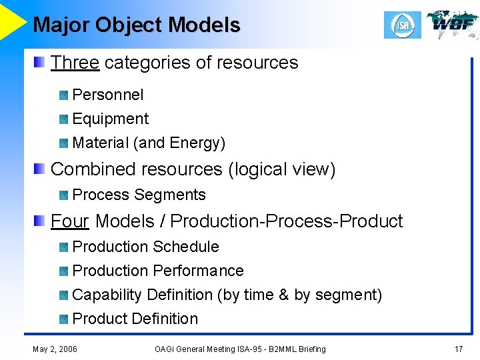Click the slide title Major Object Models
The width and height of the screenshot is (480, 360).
tap(136, 25)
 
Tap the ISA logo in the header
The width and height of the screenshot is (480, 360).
tap(403, 25)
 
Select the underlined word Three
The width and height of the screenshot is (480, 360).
tap(75, 63)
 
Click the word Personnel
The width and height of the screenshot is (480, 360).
tap(107, 95)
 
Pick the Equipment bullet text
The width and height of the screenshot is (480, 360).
tap(110, 119)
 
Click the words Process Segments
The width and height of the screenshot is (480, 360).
tap(139, 195)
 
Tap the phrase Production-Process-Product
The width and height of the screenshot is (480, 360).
tap(287, 221)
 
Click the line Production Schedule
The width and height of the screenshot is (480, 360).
tap(145, 247)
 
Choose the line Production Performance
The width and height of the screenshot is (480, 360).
tap(158, 271)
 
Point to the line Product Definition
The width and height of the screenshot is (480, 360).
tap(135, 319)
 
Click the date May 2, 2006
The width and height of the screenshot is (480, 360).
tap(55, 349)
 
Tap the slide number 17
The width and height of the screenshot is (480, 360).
tap(458, 349)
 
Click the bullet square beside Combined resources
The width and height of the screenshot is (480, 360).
tap(41, 169)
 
